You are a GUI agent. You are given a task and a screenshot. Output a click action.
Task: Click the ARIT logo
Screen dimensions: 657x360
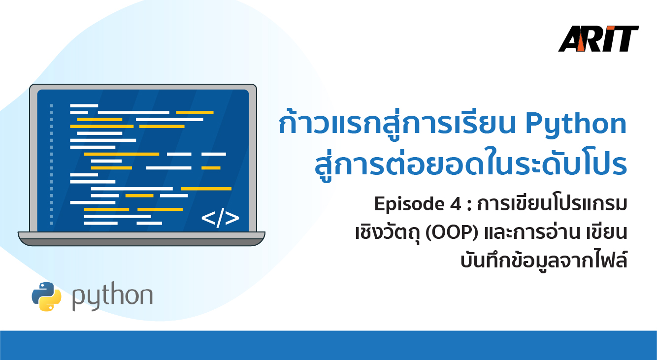(598, 39)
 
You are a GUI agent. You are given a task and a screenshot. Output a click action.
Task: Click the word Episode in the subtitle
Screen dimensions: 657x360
(409, 204)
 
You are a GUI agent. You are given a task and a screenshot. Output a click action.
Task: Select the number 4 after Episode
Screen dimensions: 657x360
(456, 204)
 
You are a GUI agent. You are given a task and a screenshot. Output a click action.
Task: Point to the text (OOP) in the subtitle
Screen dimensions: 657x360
(452, 233)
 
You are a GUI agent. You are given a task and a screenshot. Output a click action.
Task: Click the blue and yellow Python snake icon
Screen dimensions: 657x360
(46, 296)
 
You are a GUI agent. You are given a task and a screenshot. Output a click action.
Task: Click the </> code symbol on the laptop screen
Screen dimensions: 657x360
(220, 218)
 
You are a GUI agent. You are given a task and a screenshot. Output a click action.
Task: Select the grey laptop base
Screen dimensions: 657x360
(141, 238)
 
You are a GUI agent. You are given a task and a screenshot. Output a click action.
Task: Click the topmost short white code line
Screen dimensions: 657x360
(84, 105)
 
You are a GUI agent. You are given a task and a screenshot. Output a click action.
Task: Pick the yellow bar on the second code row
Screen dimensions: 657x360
(195, 113)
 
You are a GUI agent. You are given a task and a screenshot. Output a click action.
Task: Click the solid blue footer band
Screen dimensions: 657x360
(328, 345)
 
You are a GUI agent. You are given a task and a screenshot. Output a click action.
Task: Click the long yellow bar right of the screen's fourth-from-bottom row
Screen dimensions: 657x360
(206, 189)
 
